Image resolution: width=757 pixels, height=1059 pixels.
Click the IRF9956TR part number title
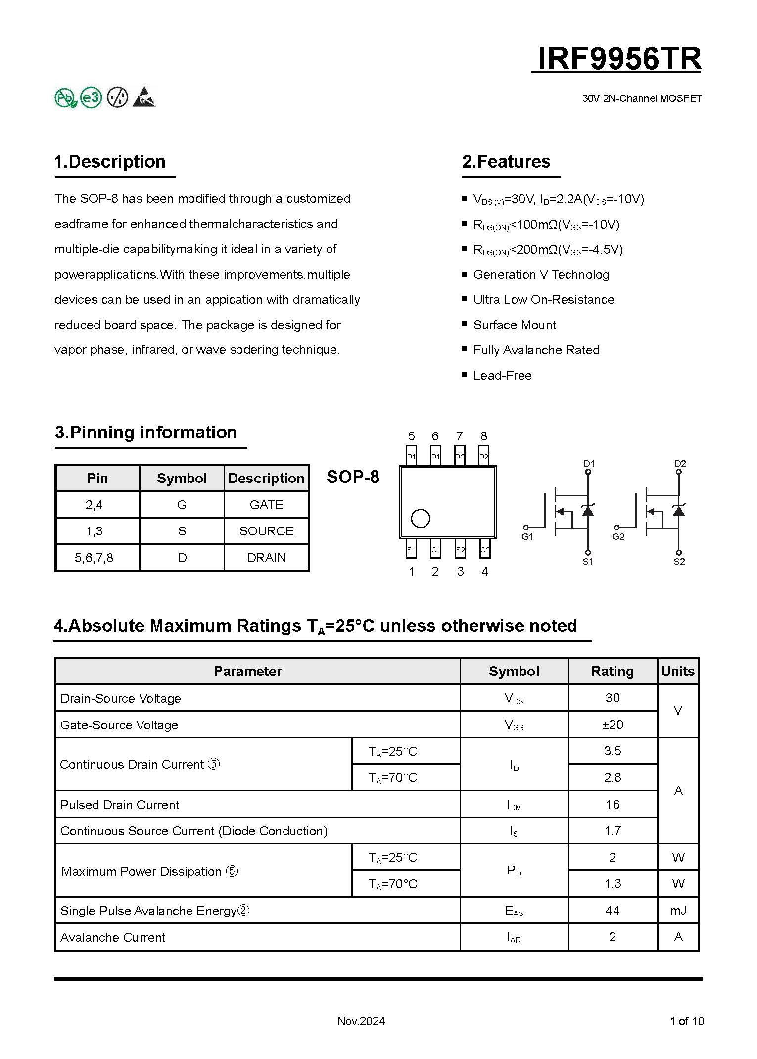pos(618,58)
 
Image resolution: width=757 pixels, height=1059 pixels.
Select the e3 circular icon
pos(91,97)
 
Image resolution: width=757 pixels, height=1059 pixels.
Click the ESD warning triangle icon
pos(144,97)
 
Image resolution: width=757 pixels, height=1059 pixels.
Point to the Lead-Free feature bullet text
pos(502,376)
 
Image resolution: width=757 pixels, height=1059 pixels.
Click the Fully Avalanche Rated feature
pos(536,350)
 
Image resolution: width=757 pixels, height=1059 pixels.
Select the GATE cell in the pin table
pos(266,505)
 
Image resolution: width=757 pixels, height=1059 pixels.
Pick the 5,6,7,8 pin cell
pos(94,558)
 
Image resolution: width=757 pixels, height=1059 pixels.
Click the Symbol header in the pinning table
pos(182,478)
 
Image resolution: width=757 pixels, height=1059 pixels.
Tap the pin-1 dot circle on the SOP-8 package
pos(421,519)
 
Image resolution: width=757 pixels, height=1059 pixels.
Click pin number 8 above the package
pos(483,436)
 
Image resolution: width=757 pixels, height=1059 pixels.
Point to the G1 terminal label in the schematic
pos(527,537)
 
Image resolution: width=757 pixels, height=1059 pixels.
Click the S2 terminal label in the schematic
pos(679,562)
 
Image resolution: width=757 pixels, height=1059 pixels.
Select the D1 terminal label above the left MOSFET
pos(589,464)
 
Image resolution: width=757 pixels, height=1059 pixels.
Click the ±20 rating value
pos(612,725)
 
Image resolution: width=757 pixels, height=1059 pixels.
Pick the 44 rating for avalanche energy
pos(612,910)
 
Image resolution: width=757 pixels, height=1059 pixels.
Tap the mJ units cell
pos(678,910)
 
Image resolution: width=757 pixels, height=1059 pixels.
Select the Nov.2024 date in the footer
pos(361,1021)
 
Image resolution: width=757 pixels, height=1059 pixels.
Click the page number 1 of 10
pos(686,1021)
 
